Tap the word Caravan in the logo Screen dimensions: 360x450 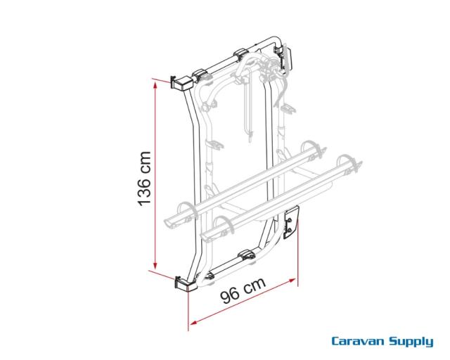click(x=359, y=342)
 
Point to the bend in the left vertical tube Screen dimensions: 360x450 click(x=198, y=131)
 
